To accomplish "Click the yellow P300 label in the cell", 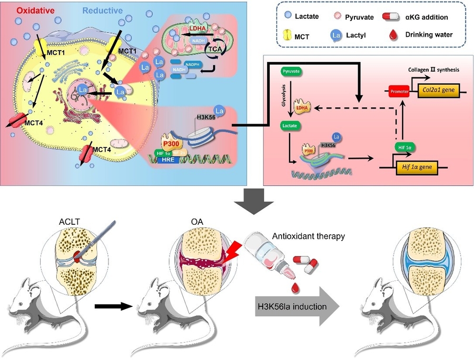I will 171,144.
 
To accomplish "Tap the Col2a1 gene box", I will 441,91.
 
